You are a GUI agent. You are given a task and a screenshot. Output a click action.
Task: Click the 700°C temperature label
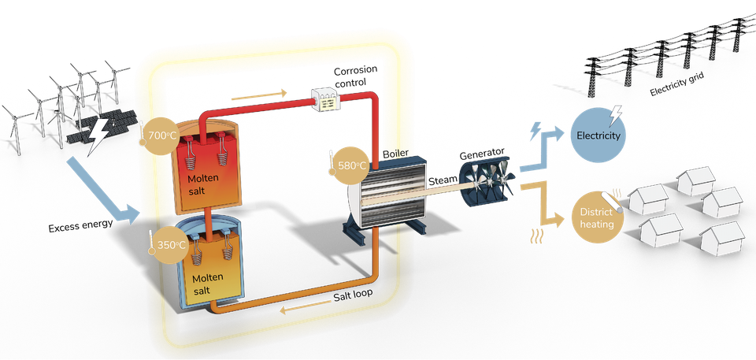[162, 135]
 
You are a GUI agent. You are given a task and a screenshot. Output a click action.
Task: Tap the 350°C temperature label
[172, 245]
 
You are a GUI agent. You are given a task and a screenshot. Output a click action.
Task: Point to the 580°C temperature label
[351, 165]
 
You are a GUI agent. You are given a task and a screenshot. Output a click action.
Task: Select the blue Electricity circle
[599, 135]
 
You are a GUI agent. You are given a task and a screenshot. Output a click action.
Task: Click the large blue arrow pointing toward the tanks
[102, 188]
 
